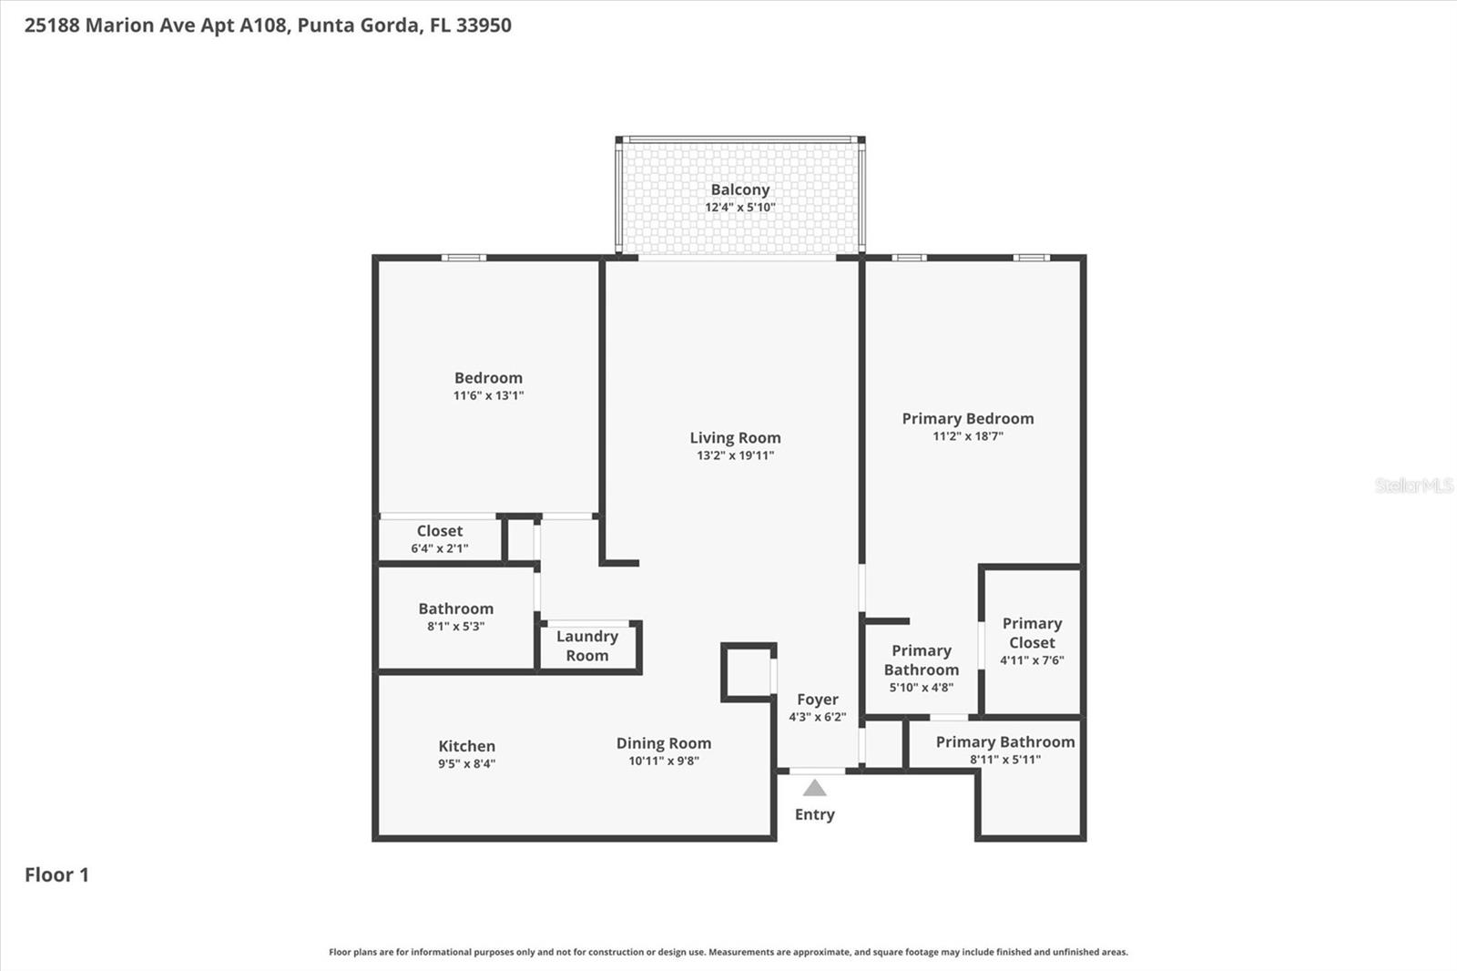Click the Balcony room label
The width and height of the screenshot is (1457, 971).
click(x=739, y=189)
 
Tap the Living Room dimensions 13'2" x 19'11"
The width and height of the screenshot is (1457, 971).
click(x=735, y=455)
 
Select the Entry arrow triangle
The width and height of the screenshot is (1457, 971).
click(x=814, y=788)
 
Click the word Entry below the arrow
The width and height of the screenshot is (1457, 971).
click(x=814, y=814)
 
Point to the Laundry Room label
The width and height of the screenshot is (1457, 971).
click(x=587, y=646)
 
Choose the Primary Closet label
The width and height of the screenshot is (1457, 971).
click(x=1032, y=633)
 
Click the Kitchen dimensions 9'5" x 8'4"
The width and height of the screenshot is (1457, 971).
click(x=466, y=763)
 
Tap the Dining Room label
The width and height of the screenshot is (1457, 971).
click(x=663, y=743)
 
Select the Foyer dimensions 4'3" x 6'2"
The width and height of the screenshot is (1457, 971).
click(x=817, y=717)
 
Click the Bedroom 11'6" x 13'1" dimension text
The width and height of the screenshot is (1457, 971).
click(x=488, y=395)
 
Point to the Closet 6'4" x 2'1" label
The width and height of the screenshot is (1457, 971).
click(x=440, y=531)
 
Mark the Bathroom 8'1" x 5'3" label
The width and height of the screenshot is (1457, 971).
click(x=455, y=608)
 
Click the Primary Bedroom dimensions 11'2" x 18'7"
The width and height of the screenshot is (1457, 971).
click(x=967, y=436)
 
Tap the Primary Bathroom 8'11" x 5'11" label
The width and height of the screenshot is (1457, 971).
click(x=1004, y=742)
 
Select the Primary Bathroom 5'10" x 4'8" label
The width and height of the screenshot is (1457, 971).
click(x=921, y=660)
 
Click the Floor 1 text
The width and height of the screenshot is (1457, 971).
click(x=56, y=874)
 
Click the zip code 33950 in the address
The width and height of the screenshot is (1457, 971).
click(x=484, y=26)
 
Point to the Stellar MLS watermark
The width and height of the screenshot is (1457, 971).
click(x=1413, y=485)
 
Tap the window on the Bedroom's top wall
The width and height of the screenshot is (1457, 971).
click(x=464, y=258)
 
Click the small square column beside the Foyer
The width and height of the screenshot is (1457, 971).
click(x=748, y=672)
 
